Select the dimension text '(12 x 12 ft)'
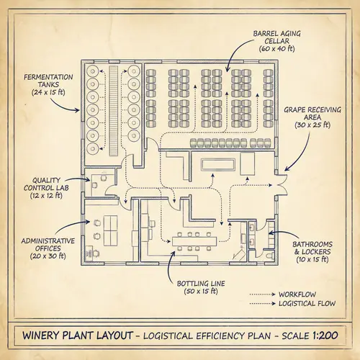tap(48, 196)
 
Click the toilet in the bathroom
tap(269, 253)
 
